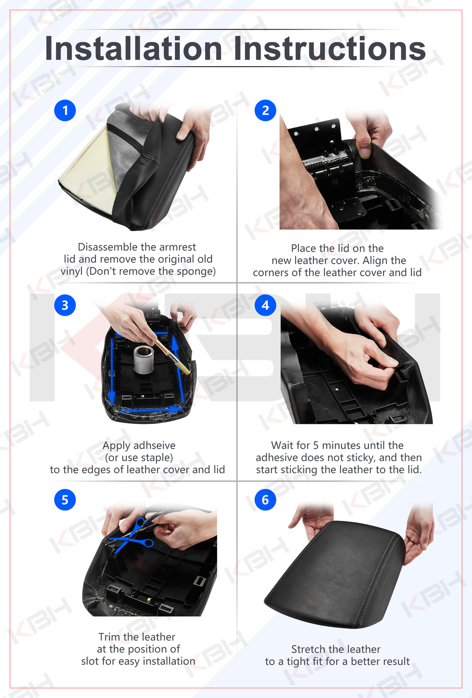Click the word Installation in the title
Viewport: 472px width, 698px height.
tap(133, 48)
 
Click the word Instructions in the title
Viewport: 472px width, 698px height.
tap(330, 48)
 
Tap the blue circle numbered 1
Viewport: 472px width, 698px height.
tap(65, 110)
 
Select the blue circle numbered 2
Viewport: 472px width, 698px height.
tap(265, 110)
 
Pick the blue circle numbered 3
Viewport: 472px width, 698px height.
tap(65, 305)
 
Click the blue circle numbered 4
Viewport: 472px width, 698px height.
tap(265, 305)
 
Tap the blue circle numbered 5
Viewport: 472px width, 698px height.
tap(65, 500)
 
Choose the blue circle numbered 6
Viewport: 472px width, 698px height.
tap(265, 500)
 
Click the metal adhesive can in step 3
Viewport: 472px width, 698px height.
tap(144, 360)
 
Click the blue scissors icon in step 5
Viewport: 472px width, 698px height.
tap(133, 537)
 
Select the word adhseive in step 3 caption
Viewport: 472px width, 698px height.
tap(154, 445)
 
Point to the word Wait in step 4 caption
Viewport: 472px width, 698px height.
tap(282, 445)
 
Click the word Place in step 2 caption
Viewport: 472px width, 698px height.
tap(303, 248)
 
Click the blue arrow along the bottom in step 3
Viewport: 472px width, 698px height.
tap(148, 410)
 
